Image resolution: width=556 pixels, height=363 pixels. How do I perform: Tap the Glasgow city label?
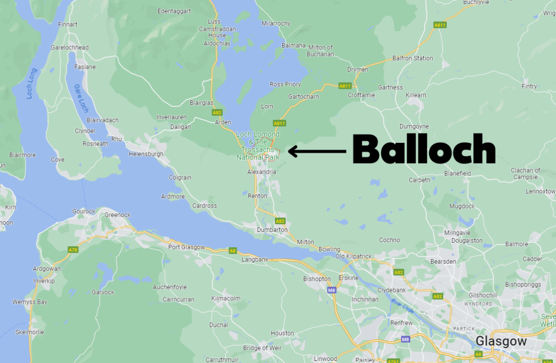(501, 341)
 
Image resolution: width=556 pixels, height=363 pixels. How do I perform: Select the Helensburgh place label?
(146, 154)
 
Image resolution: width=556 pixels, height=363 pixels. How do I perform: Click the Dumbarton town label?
(272, 230)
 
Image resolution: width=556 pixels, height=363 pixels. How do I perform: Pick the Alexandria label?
(262, 172)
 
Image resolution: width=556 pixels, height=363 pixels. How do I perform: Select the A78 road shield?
(73, 249)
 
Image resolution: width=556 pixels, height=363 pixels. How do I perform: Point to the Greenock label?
(117, 215)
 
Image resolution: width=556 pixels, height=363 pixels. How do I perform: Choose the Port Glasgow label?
(186, 247)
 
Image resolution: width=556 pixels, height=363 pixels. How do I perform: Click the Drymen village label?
(358, 69)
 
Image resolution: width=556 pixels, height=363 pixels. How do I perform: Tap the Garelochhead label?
(69, 47)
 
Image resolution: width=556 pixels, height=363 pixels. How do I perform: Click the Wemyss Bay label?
(29, 302)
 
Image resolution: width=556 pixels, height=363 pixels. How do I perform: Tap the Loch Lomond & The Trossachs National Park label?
(258, 146)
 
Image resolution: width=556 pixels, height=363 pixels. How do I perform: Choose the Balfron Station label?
(412, 58)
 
